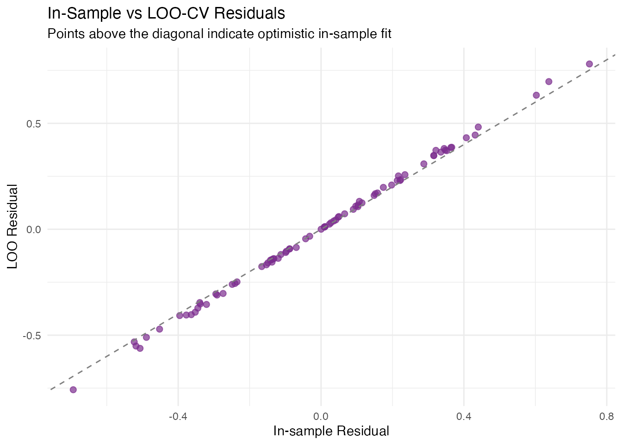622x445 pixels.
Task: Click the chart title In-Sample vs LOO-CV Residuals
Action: point(166,13)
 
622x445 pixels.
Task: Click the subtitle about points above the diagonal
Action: point(219,34)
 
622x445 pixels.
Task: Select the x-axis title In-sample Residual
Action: point(331,431)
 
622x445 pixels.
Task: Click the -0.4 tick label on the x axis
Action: point(178,416)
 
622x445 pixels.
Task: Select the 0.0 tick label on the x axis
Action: point(321,416)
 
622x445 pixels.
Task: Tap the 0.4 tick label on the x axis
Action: point(464,416)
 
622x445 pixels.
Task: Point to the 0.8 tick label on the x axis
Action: point(606,416)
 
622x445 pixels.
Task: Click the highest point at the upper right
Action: point(589,64)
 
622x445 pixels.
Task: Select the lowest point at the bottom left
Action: point(73,389)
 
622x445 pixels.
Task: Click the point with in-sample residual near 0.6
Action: point(536,95)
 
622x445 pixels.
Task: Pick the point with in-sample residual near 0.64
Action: point(549,82)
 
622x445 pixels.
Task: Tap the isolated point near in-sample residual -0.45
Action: point(160,329)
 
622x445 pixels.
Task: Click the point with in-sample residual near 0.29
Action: point(423,164)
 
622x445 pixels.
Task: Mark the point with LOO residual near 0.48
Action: point(478,127)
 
